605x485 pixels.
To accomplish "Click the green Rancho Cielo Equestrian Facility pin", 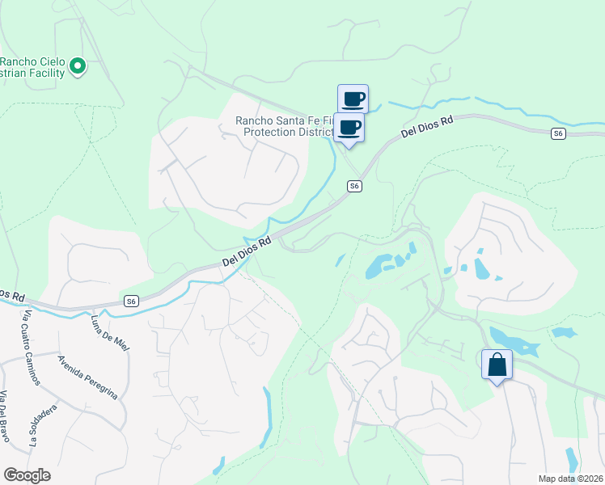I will click(78, 65).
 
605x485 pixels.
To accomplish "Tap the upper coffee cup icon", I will click(353, 99).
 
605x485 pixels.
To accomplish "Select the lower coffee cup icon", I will click(349, 127).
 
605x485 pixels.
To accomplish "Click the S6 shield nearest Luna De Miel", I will click(131, 301).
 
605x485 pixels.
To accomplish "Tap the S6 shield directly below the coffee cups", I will click(353, 186).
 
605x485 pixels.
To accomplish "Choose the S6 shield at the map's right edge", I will click(557, 133).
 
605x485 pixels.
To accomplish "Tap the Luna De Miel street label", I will click(112, 333).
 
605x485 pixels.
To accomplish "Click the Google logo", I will click(27, 475).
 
